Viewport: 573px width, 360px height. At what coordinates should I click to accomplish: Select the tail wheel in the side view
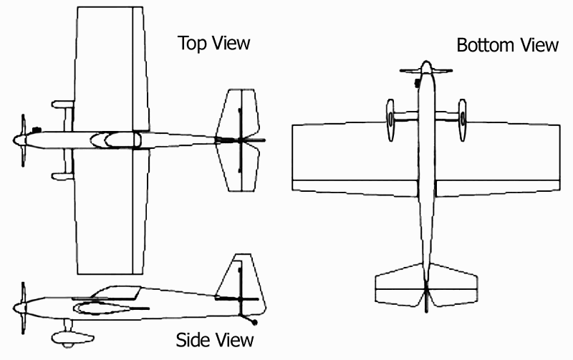pyautogui.click(x=254, y=323)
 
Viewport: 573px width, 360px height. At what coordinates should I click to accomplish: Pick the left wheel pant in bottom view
pyautogui.click(x=390, y=120)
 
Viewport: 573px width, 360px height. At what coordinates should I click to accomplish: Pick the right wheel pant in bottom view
pyautogui.click(x=463, y=120)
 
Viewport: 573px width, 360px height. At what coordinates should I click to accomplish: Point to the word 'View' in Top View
pyautogui.click(x=233, y=43)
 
